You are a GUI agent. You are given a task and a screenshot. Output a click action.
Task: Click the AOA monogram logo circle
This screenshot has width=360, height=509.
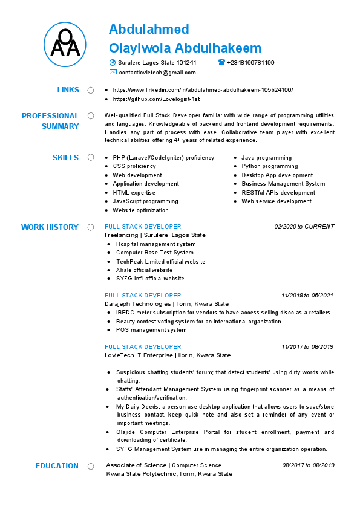point(65,44)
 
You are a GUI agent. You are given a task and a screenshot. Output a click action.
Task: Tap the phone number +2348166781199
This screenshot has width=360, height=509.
point(250,62)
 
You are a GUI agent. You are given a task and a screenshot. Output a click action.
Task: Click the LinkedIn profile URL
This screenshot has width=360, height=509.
point(203,89)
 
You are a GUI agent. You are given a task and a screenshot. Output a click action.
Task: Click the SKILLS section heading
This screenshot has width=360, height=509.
point(65,158)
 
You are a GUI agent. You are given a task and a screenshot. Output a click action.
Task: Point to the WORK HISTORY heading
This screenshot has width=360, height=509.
point(50,227)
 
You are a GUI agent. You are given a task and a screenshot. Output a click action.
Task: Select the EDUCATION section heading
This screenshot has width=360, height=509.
point(57,466)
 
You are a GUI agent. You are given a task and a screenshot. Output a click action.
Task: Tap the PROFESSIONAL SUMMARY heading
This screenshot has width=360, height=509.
point(50,121)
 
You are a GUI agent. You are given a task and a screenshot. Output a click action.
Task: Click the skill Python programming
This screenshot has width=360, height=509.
point(270,166)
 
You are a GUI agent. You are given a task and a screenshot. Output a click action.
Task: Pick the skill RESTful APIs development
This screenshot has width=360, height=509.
point(278,193)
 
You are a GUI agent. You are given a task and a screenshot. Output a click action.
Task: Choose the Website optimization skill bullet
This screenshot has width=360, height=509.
point(140,210)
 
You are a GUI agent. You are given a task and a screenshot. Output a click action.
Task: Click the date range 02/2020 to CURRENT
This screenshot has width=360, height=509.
point(304,227)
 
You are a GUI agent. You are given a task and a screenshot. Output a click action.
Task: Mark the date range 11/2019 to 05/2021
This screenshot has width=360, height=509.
point(307,295)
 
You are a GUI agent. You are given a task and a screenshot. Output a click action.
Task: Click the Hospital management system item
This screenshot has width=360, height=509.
point(155,244)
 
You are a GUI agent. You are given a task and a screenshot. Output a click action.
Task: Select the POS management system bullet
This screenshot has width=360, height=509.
point(151,330)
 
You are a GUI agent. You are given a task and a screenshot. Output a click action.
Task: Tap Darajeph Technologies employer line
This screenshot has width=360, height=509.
point(166,303)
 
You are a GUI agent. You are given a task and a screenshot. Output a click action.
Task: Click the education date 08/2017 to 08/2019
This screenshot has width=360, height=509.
point(308,465)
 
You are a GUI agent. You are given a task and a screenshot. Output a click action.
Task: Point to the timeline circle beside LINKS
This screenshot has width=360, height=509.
point(91,90)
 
